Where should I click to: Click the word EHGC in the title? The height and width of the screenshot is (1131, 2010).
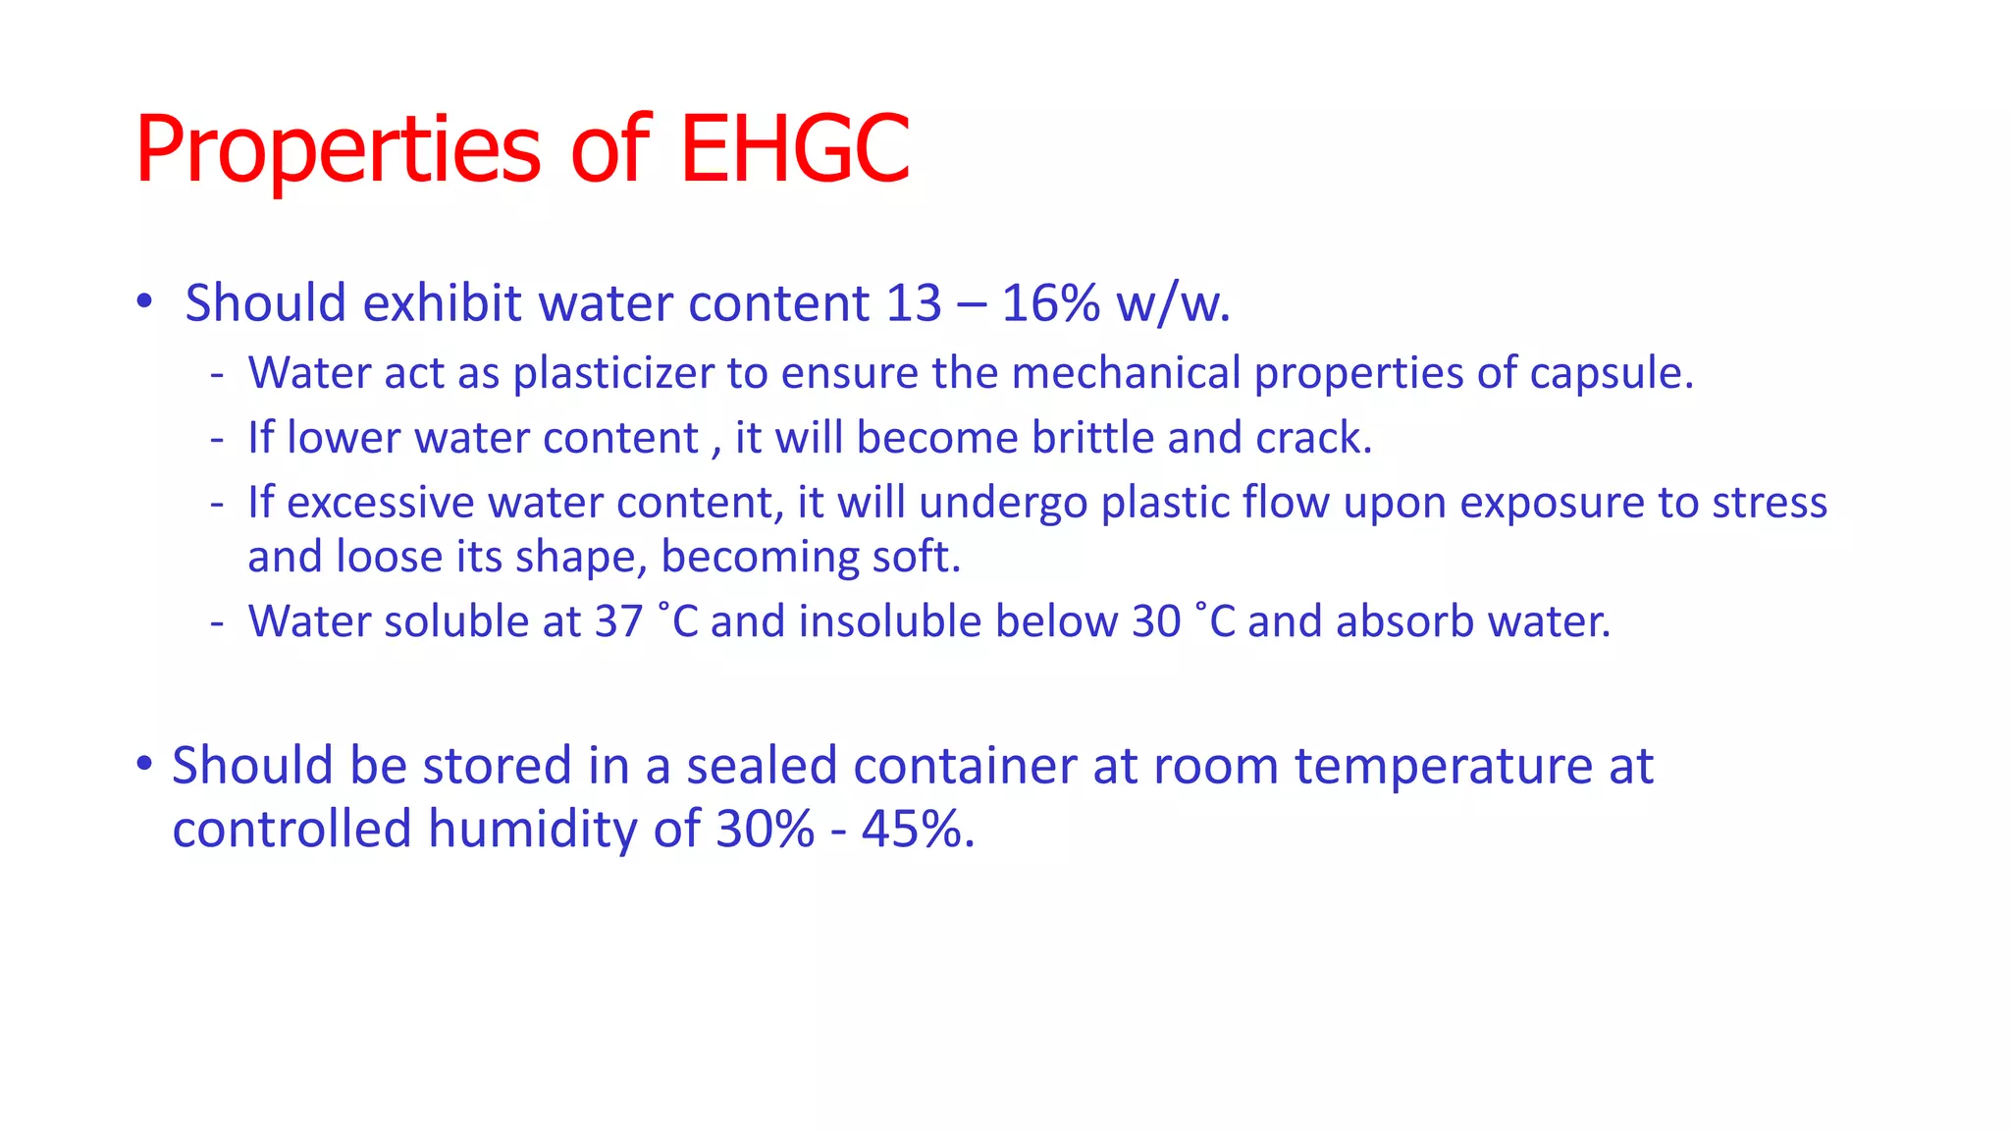tap(794, 149)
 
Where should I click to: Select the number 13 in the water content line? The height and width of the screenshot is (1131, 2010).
tap(913, 302)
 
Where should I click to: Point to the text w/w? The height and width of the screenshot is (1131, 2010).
tap(1174, 302)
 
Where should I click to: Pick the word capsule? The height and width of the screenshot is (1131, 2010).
tap(1612, 373)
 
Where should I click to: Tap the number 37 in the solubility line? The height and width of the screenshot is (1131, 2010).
tap(618, 621)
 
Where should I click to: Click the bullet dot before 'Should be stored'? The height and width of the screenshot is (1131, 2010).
tap(144, 763)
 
